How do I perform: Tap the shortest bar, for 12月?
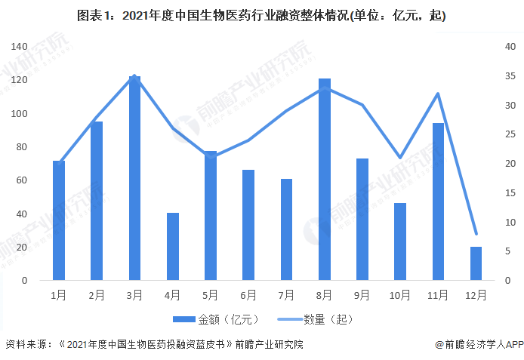[476, 263]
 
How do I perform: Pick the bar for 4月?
[172, 246]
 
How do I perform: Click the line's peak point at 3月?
[134, 75]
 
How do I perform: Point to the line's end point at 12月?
[476, 234]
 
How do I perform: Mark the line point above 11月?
[438, 94]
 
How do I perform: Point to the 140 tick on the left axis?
[19, 47]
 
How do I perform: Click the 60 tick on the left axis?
[22, 180]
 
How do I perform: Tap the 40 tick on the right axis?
[510, 47]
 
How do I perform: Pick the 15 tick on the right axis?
[510, 192]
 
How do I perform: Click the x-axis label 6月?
[248, 295]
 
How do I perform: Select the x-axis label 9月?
[362, 295]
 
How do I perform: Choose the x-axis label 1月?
[59, 295]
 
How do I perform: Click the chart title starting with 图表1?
[261, 16]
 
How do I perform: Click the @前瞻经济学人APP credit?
[479, 345]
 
